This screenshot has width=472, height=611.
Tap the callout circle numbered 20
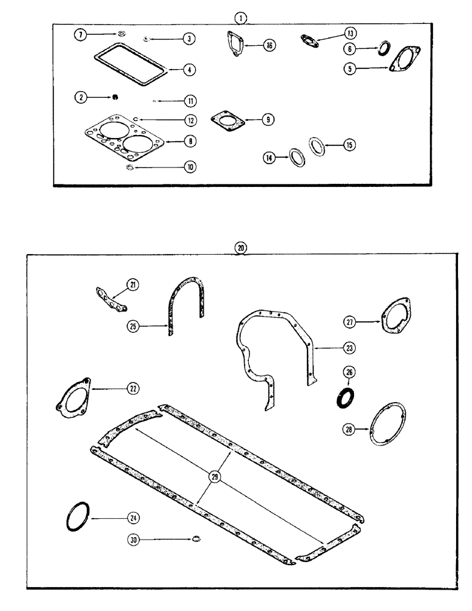point(242,248)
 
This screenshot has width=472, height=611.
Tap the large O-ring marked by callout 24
point(78,517)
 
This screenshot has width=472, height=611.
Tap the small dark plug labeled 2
point(114,97)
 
